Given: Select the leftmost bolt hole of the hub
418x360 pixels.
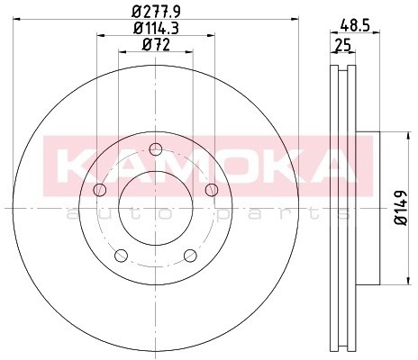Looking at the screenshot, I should [99, 189].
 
